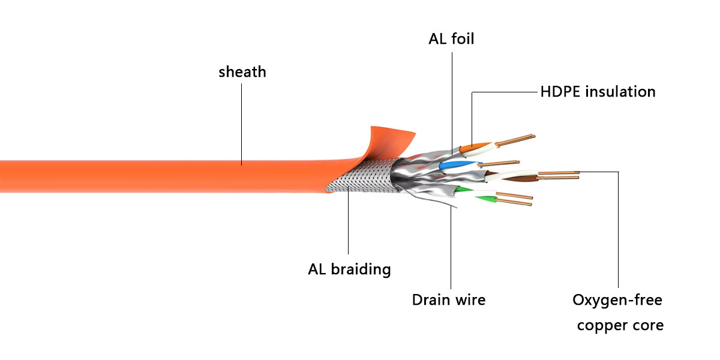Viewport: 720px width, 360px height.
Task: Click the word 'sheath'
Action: [242, 73]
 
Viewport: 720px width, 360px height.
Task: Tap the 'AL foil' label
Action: [451, 40]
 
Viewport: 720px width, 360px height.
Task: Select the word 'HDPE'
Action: [560, 92]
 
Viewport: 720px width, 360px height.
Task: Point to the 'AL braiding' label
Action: [349, 269]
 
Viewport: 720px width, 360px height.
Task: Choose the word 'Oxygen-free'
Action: [617, 299]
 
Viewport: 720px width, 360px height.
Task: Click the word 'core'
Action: [649, 326]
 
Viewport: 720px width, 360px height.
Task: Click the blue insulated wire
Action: [451, 166]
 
